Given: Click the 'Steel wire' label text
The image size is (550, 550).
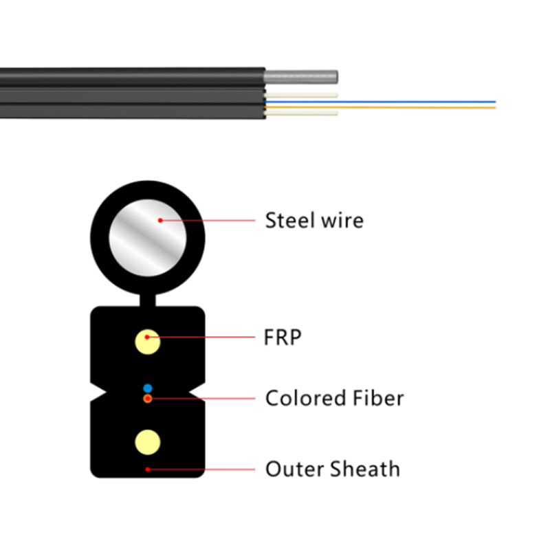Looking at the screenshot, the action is point(314,220).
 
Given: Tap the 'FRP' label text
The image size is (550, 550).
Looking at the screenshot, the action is point(283,337).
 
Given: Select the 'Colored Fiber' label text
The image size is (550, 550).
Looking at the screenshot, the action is point(335,398).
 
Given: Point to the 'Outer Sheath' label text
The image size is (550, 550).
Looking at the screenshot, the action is point(333,469).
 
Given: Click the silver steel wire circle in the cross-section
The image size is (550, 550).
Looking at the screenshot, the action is point(148,238).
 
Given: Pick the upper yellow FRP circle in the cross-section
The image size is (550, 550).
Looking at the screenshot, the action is point(148,342).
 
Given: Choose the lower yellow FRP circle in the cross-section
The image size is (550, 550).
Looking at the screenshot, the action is point(148,442).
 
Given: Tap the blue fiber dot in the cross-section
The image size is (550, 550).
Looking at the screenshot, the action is point(148,388).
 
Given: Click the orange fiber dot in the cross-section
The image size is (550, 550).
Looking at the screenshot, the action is point(148,399).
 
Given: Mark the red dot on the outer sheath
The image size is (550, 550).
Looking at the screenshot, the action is point(148,470).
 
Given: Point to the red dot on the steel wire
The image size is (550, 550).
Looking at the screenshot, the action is point(160,220).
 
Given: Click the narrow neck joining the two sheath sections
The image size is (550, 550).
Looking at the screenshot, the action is point(148,300).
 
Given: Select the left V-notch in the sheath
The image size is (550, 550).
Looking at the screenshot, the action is point(99,391).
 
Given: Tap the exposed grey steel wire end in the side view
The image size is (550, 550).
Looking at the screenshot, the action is point(301,77).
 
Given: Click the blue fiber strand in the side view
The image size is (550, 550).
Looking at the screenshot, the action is point(380,102).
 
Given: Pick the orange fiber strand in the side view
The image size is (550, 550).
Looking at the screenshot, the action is point(380,107).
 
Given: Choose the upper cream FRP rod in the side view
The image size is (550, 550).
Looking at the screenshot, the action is point(301,95).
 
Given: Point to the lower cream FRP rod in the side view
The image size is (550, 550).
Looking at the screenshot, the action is point(301,113).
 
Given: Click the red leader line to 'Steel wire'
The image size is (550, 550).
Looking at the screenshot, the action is point(208,220).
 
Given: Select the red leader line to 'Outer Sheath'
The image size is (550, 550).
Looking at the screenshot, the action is point(201,470).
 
